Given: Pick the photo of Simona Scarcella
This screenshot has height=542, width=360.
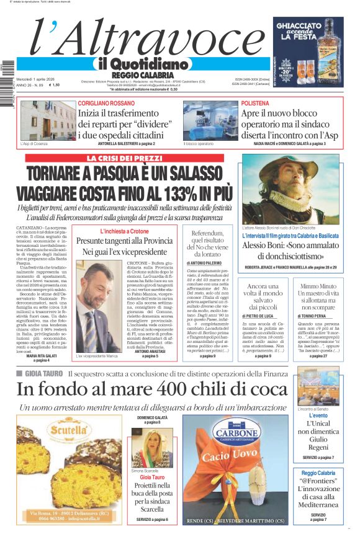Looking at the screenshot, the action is pyautogui.click(x=152, y=448).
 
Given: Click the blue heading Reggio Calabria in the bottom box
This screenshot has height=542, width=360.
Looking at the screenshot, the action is pyautogui.click(x=318, y=473).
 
